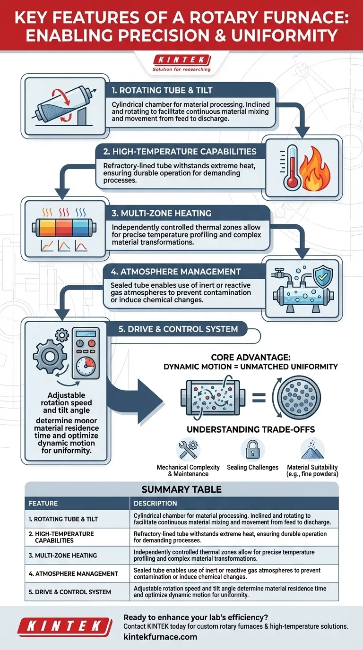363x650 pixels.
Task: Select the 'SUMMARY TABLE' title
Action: coord(181,489)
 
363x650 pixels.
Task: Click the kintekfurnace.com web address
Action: coord(160,637)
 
